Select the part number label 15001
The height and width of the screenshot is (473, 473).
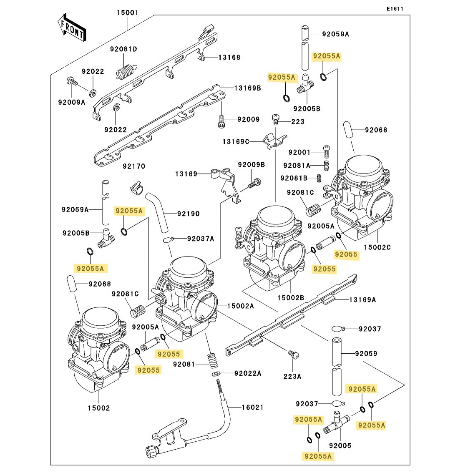(127, 13)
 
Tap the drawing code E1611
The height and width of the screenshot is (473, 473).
(395, 9)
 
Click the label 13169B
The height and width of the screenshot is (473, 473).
(247, 88)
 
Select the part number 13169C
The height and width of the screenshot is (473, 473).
(236, 142)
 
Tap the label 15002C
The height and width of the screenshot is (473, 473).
(377, 247)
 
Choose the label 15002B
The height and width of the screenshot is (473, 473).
(291, 298)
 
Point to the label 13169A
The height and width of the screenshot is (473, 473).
(362, 299)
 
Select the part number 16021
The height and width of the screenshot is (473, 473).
(253, 407)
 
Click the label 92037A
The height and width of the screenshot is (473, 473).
(200, 239)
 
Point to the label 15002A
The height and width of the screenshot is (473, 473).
(240, 306)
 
